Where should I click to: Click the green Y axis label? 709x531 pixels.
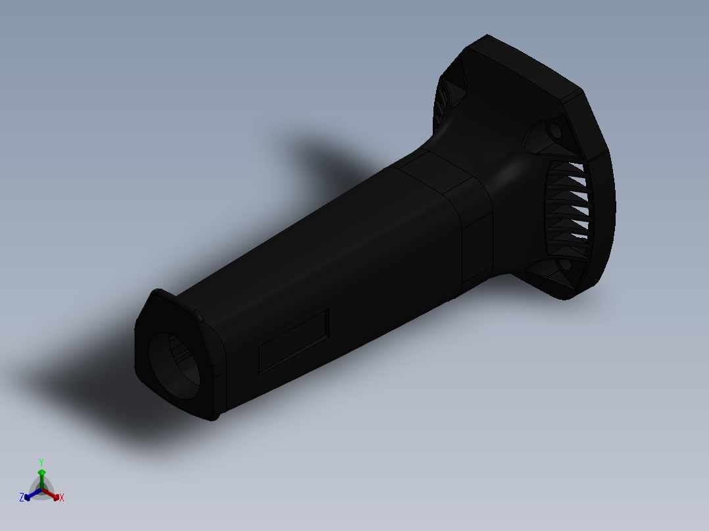click(41, 461)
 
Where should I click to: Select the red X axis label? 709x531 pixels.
click(62, 498)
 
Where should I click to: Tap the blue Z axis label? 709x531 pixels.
click(22, 497)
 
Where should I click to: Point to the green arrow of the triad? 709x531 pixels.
click(41, 474)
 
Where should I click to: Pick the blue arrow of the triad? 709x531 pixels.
click(30, 495)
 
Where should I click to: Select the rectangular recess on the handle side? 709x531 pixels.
click(294, 341)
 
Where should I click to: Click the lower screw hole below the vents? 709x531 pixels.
click(564, 266)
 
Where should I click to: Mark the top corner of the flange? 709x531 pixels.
click(487, 36)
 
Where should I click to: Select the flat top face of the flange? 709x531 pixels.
click(526, 66)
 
